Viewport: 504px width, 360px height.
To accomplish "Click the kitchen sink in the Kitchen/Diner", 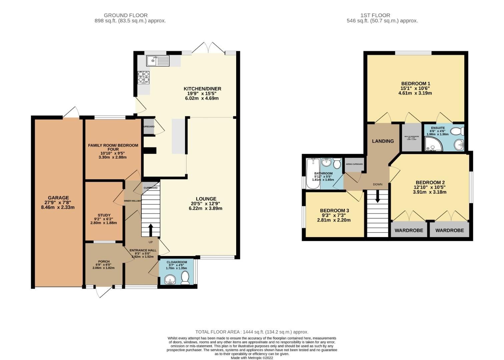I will (158, 61).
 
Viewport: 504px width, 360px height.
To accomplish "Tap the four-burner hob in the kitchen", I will (143, 77).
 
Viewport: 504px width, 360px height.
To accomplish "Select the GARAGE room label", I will (58, 198).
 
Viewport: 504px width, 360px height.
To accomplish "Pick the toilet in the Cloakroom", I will (185, 278).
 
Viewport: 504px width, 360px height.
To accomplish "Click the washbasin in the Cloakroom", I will (171, 280).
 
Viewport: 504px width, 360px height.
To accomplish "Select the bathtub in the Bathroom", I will (313, 173).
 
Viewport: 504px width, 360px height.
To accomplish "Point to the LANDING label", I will (383, 141).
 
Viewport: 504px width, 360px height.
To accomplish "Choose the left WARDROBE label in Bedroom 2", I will (409, 230).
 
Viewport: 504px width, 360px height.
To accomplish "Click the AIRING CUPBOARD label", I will (354, 164).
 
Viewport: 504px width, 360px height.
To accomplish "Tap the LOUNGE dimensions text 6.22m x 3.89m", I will (205, 208).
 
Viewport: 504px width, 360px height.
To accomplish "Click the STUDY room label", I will (104, 215).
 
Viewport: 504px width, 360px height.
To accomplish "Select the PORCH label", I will (104, 262).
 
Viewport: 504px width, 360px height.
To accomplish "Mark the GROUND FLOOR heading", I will (125, 15).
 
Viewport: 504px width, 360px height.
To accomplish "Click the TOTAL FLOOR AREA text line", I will (252, 332).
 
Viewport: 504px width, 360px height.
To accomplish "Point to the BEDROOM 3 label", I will (334, 211).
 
